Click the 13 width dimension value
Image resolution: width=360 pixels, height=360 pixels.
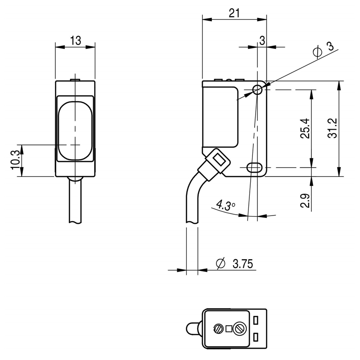tap(76, 40)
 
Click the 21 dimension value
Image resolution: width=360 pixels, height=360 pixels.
tap(234, 13)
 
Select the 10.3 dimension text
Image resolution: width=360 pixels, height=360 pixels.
tap(16, 160)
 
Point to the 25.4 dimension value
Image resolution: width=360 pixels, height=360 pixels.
tap(305, 128)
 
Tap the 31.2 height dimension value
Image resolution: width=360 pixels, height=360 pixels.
tap(332, 128)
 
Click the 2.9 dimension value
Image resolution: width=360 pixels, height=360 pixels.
tap(305, 201)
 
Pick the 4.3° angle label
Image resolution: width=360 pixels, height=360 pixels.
tap(225, 205)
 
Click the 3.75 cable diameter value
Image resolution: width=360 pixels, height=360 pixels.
tap(243, 264)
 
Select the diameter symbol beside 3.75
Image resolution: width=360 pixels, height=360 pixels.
tap(220, 263)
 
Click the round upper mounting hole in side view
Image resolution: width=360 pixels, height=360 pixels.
tap(257, 90)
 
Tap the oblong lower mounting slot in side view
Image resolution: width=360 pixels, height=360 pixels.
tap(255, 167)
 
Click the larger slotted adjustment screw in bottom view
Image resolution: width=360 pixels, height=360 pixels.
tap(240, 329)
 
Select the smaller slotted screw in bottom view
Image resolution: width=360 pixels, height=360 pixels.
tap(218, 329)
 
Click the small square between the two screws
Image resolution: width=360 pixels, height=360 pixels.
tap(229, 329)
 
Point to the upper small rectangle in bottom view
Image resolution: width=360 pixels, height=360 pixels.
tap(256, 320)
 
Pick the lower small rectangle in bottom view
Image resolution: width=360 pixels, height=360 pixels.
tap(256, 337)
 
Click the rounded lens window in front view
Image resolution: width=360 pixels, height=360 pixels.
tap(75, 130)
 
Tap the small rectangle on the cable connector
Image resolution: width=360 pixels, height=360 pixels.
tap(220, 160)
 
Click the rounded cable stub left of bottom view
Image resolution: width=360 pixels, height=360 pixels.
tap(194, 329)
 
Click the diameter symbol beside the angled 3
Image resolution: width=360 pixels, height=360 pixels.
tap(318, 52)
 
